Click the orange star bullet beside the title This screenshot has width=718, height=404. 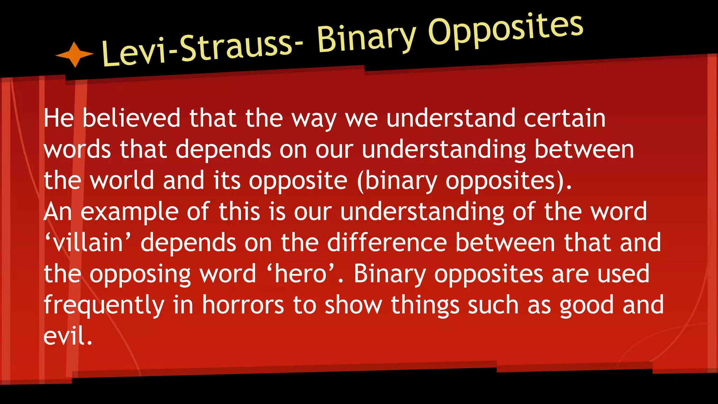(x=75, y=54)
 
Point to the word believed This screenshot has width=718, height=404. (x=131, y=118)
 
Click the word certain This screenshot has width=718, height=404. (x=564, y=118)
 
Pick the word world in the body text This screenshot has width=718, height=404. (x=122, y=181)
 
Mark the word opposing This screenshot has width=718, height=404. (x=140, y=275)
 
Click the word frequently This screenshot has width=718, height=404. (x=104, y=305)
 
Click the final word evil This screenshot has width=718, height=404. (x=68, y=336)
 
